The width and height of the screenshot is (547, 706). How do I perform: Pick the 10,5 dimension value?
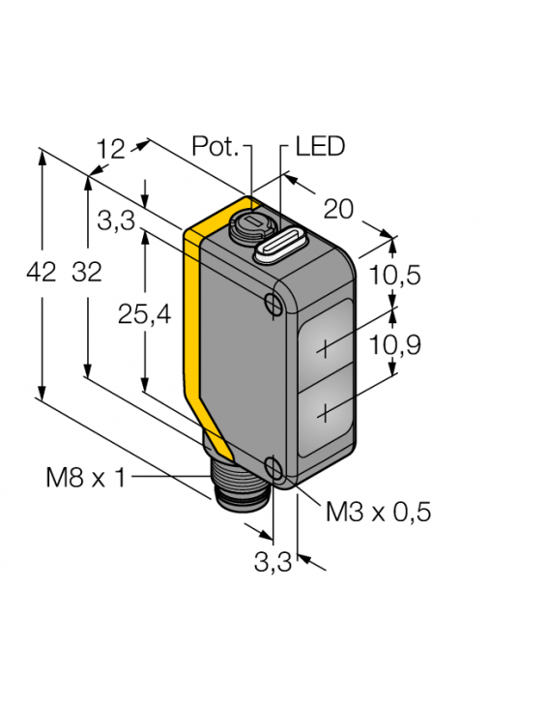pyautogui.click(x=395, y=276)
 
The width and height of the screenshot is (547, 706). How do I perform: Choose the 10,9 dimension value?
pyautogui.click(x=395, y=343)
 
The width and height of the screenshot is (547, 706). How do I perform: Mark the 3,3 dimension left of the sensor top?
pyautogui.click(x=116, y=222)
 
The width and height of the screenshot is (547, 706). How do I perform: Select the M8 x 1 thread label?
pyautogui.click(x=85, y=477)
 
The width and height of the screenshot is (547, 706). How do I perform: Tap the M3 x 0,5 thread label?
pyautogui.click(x=377, y=513)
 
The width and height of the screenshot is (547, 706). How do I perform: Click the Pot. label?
pyautogui.click(x=215, y=147)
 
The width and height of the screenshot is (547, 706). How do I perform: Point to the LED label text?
pyautogui.click(x=319, y=147)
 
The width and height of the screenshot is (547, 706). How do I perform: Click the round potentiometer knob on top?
pyautogui.click(x=247, y=229)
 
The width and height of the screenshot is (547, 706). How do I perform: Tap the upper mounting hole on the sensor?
pyautogui.click(x=273, y=305)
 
